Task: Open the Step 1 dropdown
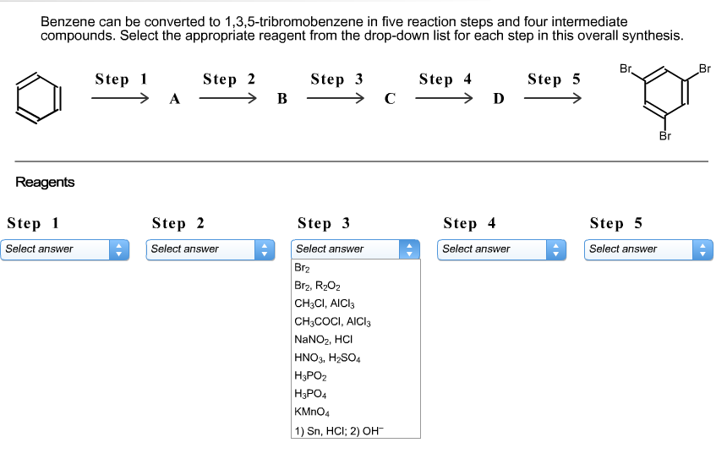[65, 249]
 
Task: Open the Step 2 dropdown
[210, 249]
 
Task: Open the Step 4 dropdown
[502, 249]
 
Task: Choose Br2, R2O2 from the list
[317, 286]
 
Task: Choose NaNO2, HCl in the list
[317, 339]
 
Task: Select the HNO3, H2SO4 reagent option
[327, 358]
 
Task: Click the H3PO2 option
[310, 375]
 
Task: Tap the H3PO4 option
[310, 393]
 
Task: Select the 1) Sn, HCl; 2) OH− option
[337, 429]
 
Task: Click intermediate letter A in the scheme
[174, 100]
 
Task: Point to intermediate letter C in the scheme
[390, 100]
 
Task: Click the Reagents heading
[45, 182]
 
